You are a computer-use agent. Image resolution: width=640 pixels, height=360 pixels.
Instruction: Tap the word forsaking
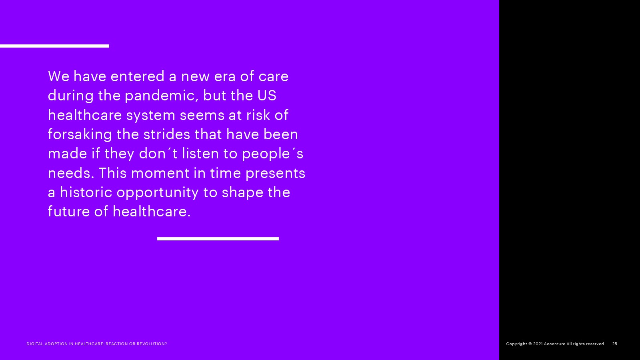pos(80,134)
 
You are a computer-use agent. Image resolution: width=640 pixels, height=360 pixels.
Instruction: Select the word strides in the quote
pos(166,134)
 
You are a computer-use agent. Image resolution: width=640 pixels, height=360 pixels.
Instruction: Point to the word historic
pos(86,192)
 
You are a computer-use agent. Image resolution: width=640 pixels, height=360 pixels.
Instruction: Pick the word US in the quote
pos(267,96)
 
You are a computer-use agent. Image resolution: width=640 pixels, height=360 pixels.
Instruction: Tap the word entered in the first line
pos(138,76)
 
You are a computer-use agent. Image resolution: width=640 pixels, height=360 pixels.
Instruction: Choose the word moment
pos(160,174)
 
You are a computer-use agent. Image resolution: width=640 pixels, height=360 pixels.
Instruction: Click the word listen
pos(200,154)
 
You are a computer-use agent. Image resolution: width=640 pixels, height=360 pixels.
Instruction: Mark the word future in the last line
pos(69,212)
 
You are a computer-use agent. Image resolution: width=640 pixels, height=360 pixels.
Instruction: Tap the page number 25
pos(614,344)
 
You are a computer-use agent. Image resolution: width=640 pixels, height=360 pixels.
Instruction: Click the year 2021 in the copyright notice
pos(538,344)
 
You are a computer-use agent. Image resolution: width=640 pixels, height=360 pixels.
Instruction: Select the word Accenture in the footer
pos(554,344)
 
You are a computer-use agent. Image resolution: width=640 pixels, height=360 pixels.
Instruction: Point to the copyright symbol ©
pos(530,344)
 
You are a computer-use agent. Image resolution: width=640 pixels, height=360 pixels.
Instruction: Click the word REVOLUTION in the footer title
pos(150,344)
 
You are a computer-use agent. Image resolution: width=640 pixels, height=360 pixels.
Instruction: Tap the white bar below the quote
pos(218,239)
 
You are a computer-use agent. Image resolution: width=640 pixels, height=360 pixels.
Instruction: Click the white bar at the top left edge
pos(54,46)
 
